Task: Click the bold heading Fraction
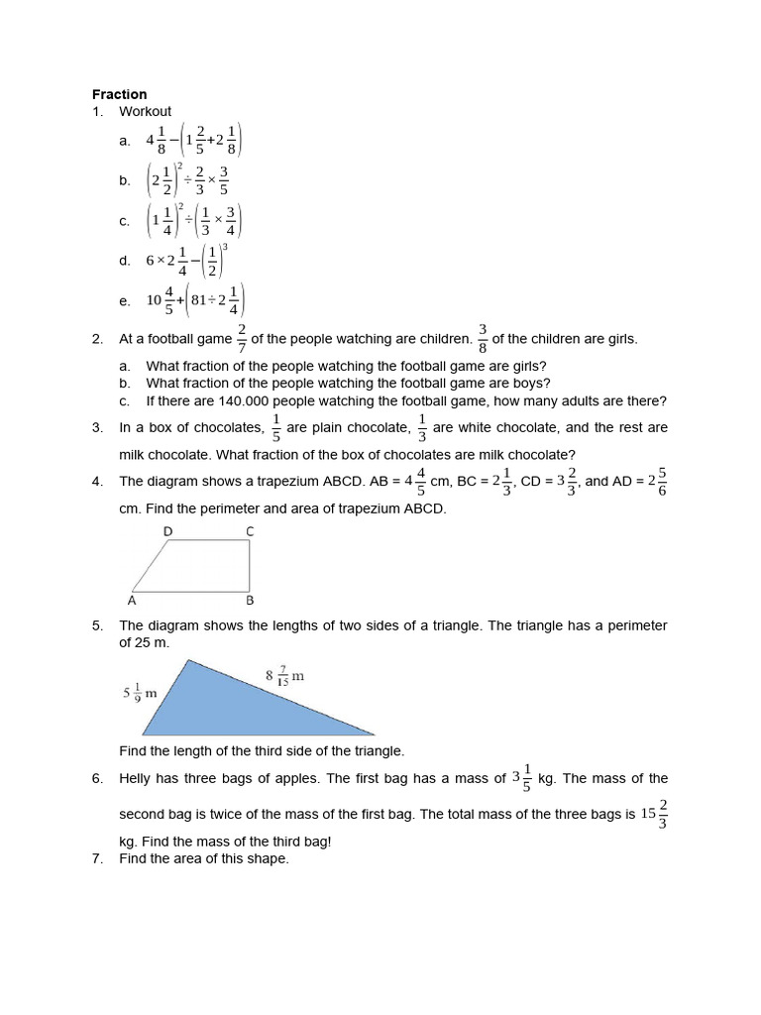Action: tap(119, 94)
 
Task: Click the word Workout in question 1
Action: tap(145, 112)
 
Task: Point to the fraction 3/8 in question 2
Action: tap(483, 339)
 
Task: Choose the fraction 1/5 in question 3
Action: tap(275, 428)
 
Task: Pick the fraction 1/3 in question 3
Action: tap(422, 428)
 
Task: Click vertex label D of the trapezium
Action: tap(168, 532)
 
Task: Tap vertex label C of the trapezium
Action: tap(250, 532)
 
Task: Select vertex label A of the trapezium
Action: tap(133, 600)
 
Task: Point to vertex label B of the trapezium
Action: tap(250, 600)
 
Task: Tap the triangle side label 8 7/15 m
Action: tap(284, 677)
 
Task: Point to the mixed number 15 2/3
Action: tap(654, 814)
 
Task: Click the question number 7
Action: tap(97, 858)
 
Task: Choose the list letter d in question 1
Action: tap(124, 261)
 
